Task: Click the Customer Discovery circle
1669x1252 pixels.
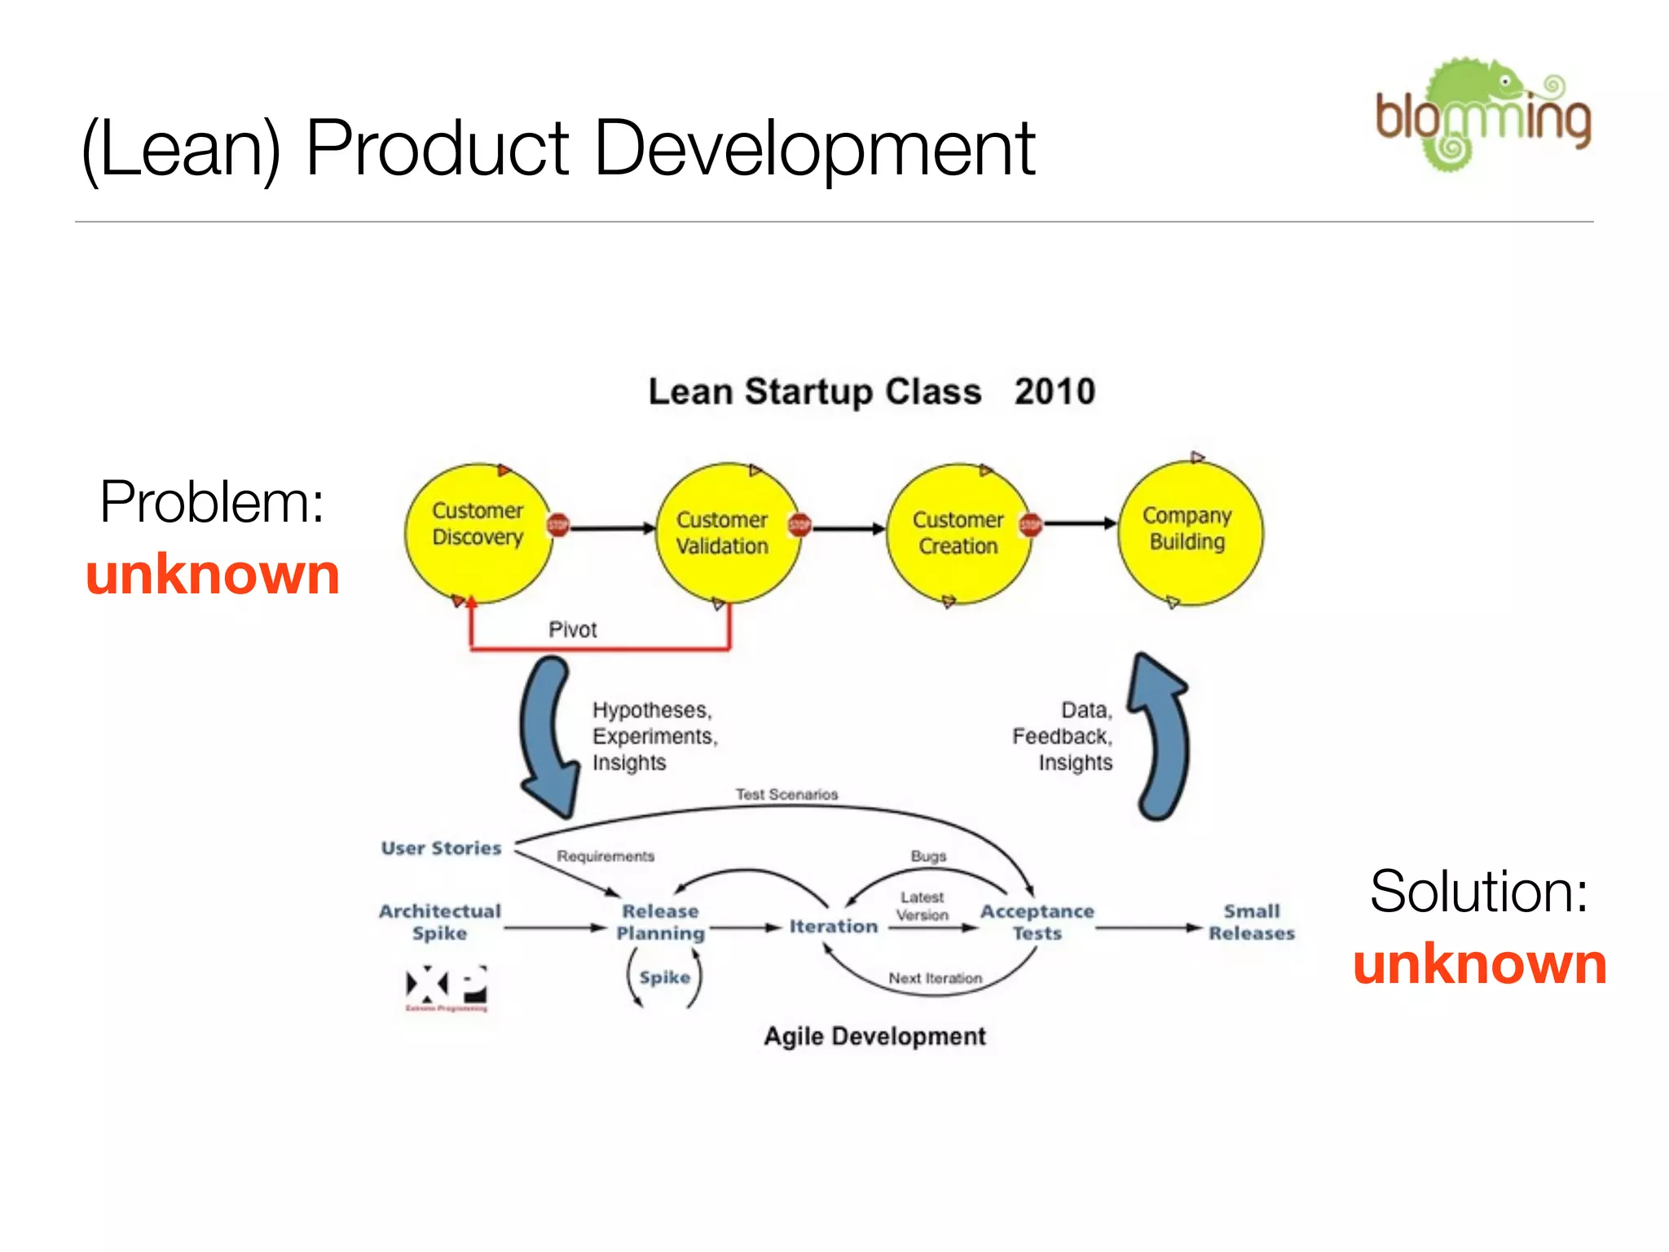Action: coord(478,533)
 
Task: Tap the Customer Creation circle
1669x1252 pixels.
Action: coord(958,534)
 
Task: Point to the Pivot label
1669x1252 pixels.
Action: coord(572,629)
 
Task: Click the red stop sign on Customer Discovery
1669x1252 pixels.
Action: coord(558,526)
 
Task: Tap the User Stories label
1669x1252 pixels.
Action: coord(441,849)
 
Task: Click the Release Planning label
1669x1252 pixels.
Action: coord(660,922)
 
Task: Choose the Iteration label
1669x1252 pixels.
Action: coord(833,927)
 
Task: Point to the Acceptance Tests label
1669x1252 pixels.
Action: coord(1037,922)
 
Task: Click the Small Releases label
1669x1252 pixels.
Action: coord(1251,922)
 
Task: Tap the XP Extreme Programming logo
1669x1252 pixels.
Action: coord(447,987)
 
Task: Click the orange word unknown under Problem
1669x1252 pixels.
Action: coord(213,575)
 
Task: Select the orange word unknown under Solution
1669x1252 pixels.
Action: coord(1479,963)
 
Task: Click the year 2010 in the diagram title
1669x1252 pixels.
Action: coord(1055,392)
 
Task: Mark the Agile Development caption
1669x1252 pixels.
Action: coord(874,1036)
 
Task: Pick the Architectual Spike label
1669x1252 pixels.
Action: coord(439,922)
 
